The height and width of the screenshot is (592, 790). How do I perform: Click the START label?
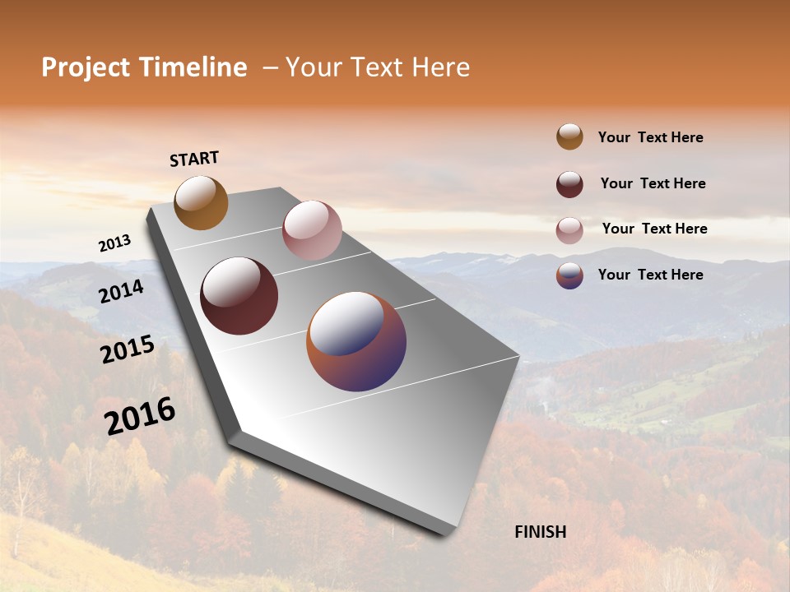(194, 159)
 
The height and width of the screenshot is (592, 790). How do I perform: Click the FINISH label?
(540, 532)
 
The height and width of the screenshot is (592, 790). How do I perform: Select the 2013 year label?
(114, 243)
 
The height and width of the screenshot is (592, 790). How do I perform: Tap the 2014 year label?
(121, 291)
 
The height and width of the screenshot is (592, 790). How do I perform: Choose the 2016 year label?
(140, 416)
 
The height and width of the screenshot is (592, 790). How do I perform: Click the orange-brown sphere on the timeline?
(201, 202)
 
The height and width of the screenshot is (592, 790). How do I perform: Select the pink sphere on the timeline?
(312, 229)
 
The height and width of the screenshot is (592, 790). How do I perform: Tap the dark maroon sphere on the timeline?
(239, 296)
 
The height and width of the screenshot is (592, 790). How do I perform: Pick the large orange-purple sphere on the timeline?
(356, 340)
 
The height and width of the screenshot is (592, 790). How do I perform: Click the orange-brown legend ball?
(569, 136)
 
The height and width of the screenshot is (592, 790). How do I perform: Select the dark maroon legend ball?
(569, 184)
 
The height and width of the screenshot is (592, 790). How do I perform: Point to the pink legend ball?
(569, 230)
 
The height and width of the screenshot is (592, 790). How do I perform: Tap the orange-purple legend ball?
(569, 275)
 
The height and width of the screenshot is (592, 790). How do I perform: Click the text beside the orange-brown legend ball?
(650, 137)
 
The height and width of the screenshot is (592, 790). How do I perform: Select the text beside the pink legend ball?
(654, 229)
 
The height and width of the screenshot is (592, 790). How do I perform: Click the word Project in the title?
(87, 67)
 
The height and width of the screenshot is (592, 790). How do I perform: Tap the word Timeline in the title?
(194, 67)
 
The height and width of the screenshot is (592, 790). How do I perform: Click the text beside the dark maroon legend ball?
(653, 183)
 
